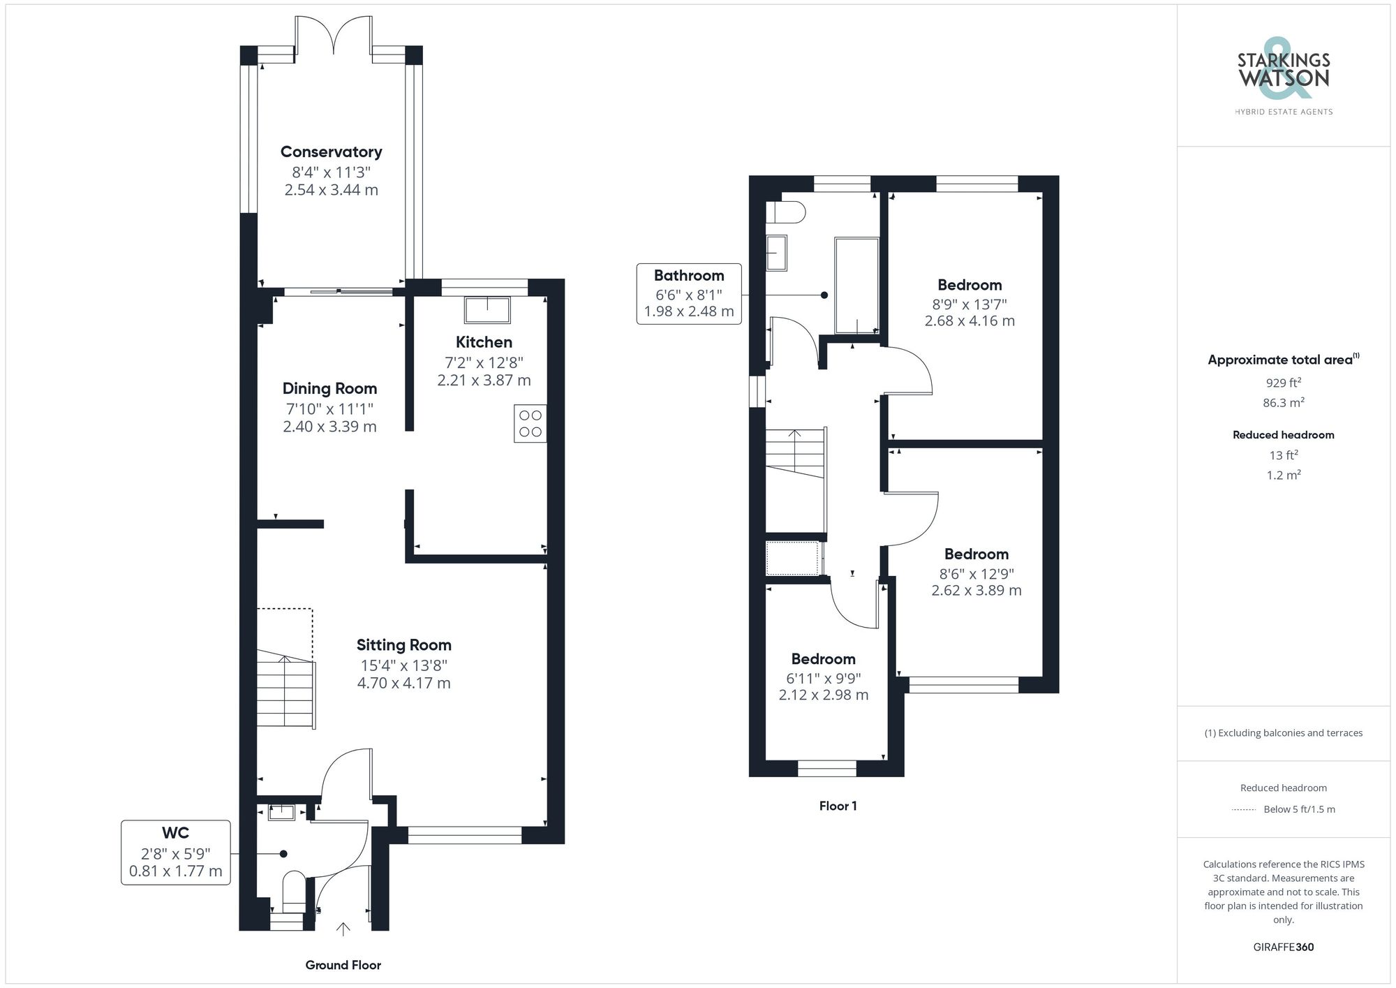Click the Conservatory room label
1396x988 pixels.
[x=331, y=152]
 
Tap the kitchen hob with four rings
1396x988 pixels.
[x=530, y=424]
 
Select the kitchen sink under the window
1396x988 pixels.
[x=487, y=309]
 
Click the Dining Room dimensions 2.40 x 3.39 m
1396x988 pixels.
[x=329, y=427]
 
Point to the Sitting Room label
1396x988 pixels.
[x=403, y=645]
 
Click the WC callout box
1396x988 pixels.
[x=176, y=853]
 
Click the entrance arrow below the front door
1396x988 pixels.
[x=343, y=929]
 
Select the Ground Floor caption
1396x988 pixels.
[x=343, y=965]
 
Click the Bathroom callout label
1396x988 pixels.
[x=688, y=276]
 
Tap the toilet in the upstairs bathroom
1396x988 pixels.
[x=787, y=212]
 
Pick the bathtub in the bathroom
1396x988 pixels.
[x=857, y=286]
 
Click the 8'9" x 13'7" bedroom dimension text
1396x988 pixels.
[x=970, y=304]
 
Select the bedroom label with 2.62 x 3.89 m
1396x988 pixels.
[x=976, y=554]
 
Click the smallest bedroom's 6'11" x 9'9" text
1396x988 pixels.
[x=824, y=678]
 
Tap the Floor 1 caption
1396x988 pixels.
[x=838, y=806]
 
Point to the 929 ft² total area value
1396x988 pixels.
[x=1283, y=383]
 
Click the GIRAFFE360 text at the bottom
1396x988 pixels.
[x=1283, y=947]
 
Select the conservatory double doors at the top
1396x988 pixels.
[x=334, y=35]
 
